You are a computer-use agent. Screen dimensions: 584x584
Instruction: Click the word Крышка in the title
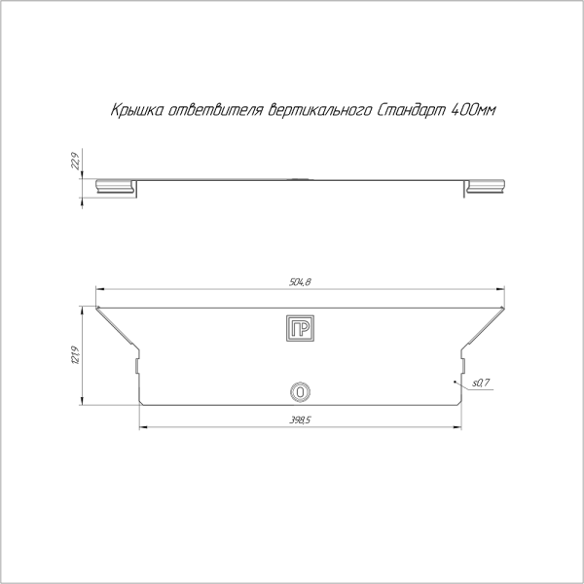coord(136,111)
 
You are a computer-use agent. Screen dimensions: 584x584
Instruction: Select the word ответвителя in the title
coord(216,111)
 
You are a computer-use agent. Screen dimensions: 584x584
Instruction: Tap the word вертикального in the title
coord(320,111)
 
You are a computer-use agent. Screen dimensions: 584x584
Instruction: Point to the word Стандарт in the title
coord(411,111)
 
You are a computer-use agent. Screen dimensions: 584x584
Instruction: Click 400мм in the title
coord(473,111)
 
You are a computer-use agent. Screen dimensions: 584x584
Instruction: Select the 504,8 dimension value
coord(300,282)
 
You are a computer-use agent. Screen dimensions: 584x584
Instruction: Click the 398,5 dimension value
coord(300,420)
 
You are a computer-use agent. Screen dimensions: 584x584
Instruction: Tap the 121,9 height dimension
coord(75,355)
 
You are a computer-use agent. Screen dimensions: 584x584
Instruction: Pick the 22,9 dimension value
coord(75,161)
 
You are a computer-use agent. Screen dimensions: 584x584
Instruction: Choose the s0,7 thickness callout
coord(481,383)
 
